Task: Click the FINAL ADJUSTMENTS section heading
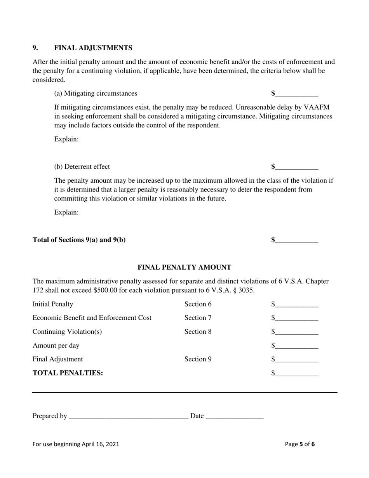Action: tap(93, 48)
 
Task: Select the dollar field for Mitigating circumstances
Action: tap(296, 94)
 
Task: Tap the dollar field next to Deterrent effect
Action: tap(296, 167)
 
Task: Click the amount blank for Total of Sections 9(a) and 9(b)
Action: tap(296, 240)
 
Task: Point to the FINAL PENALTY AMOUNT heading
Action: tap(184, 267)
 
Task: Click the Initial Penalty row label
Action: tap(52, 304)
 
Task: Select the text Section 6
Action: tap(198, 304)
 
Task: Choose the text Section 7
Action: tap(198, 318)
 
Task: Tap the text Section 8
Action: tap(198, 331)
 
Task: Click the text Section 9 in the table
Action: tap(198, 359)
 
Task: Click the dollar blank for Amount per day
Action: tap(296, 345)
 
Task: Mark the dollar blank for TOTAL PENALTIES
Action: tap(296, 373)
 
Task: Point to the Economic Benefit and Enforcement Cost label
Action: tap(92, 318)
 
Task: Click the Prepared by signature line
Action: tap(128, 416)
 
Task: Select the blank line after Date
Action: tap(234, 416)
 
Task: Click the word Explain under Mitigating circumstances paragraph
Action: tap(66, 139)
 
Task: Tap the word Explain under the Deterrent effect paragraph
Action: tap(66, 213)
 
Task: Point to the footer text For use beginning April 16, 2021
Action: tap(76, 444)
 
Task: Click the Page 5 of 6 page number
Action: tap(300, 444)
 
